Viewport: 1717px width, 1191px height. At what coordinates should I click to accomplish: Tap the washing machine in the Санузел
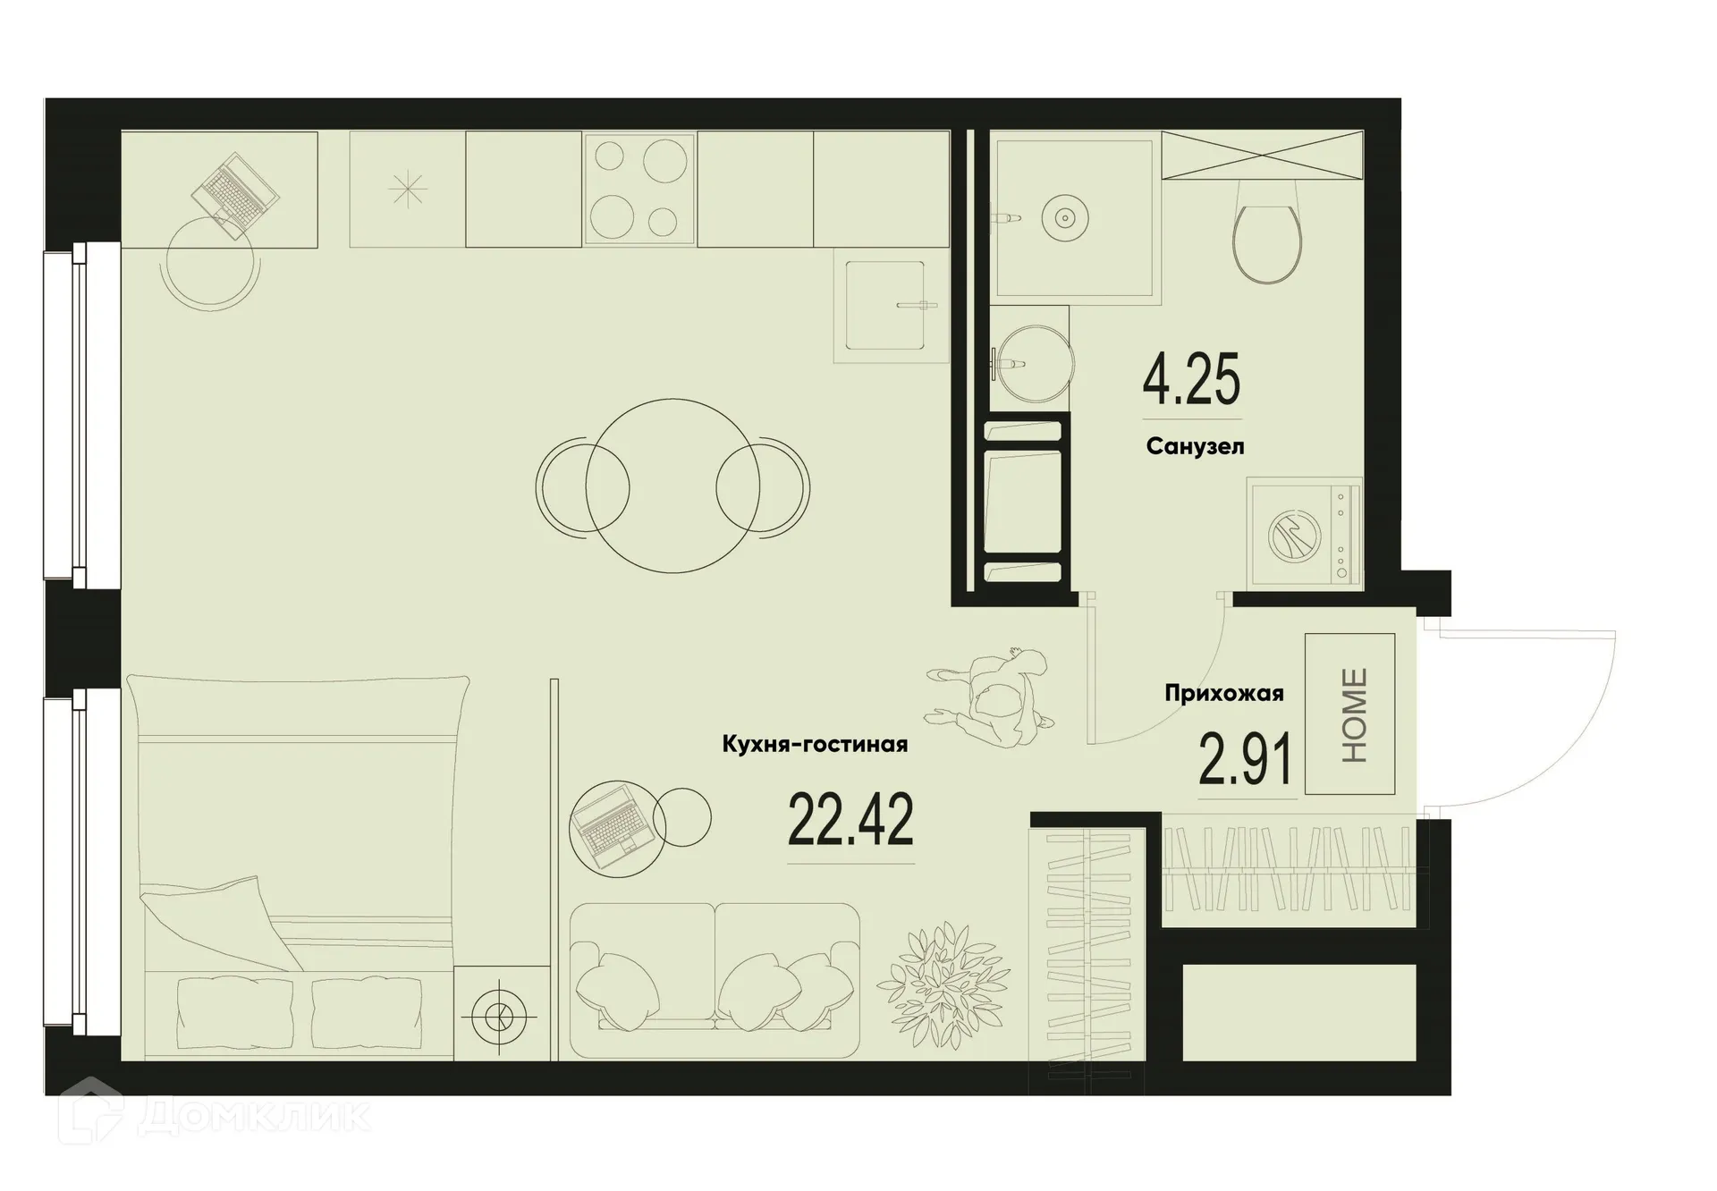[x=1305, y=534]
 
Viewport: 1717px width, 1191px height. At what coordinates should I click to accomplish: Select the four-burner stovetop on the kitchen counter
[x=639, y=189]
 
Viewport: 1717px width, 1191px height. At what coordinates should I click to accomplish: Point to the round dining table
[x=673, y=486]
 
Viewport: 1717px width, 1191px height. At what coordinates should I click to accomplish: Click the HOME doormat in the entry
[x=1349, y=714]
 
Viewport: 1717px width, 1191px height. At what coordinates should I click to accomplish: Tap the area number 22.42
[x=850, y=820]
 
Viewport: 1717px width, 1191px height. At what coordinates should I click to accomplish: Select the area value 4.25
[x=1191, y=380]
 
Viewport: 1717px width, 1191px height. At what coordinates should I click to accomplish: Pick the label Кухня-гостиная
[x=815, y=744]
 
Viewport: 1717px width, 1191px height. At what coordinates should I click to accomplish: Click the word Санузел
[x=1195, y=446]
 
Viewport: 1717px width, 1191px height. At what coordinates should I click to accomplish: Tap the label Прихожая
[x=1223, y=693]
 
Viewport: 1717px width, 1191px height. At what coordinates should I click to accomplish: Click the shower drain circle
[x=1064, y=217]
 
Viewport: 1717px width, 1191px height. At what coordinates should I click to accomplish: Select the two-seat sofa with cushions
[x=714, y=979]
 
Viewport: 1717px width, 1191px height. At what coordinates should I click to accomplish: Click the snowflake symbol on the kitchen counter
[x=407, y=190]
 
